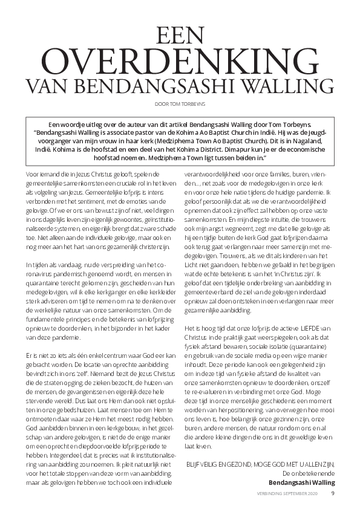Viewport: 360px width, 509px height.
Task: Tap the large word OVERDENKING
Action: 180,60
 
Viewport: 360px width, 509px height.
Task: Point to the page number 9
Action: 332,493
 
